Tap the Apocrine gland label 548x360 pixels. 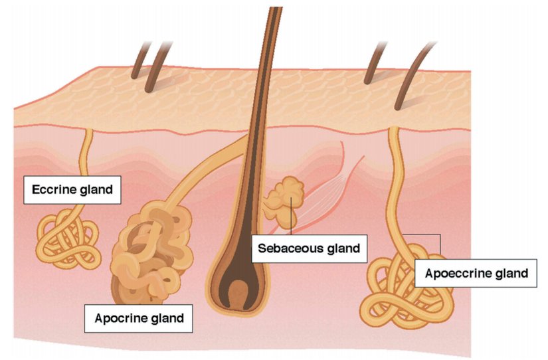pyautogui.click(x=139, y=318)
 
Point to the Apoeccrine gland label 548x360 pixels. pyautogui.click(x=476, y=272)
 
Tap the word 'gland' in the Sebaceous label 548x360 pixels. pyautogui.click(x=339, y=248)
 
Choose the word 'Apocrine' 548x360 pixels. pyautogui.click(x=120, y=318)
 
